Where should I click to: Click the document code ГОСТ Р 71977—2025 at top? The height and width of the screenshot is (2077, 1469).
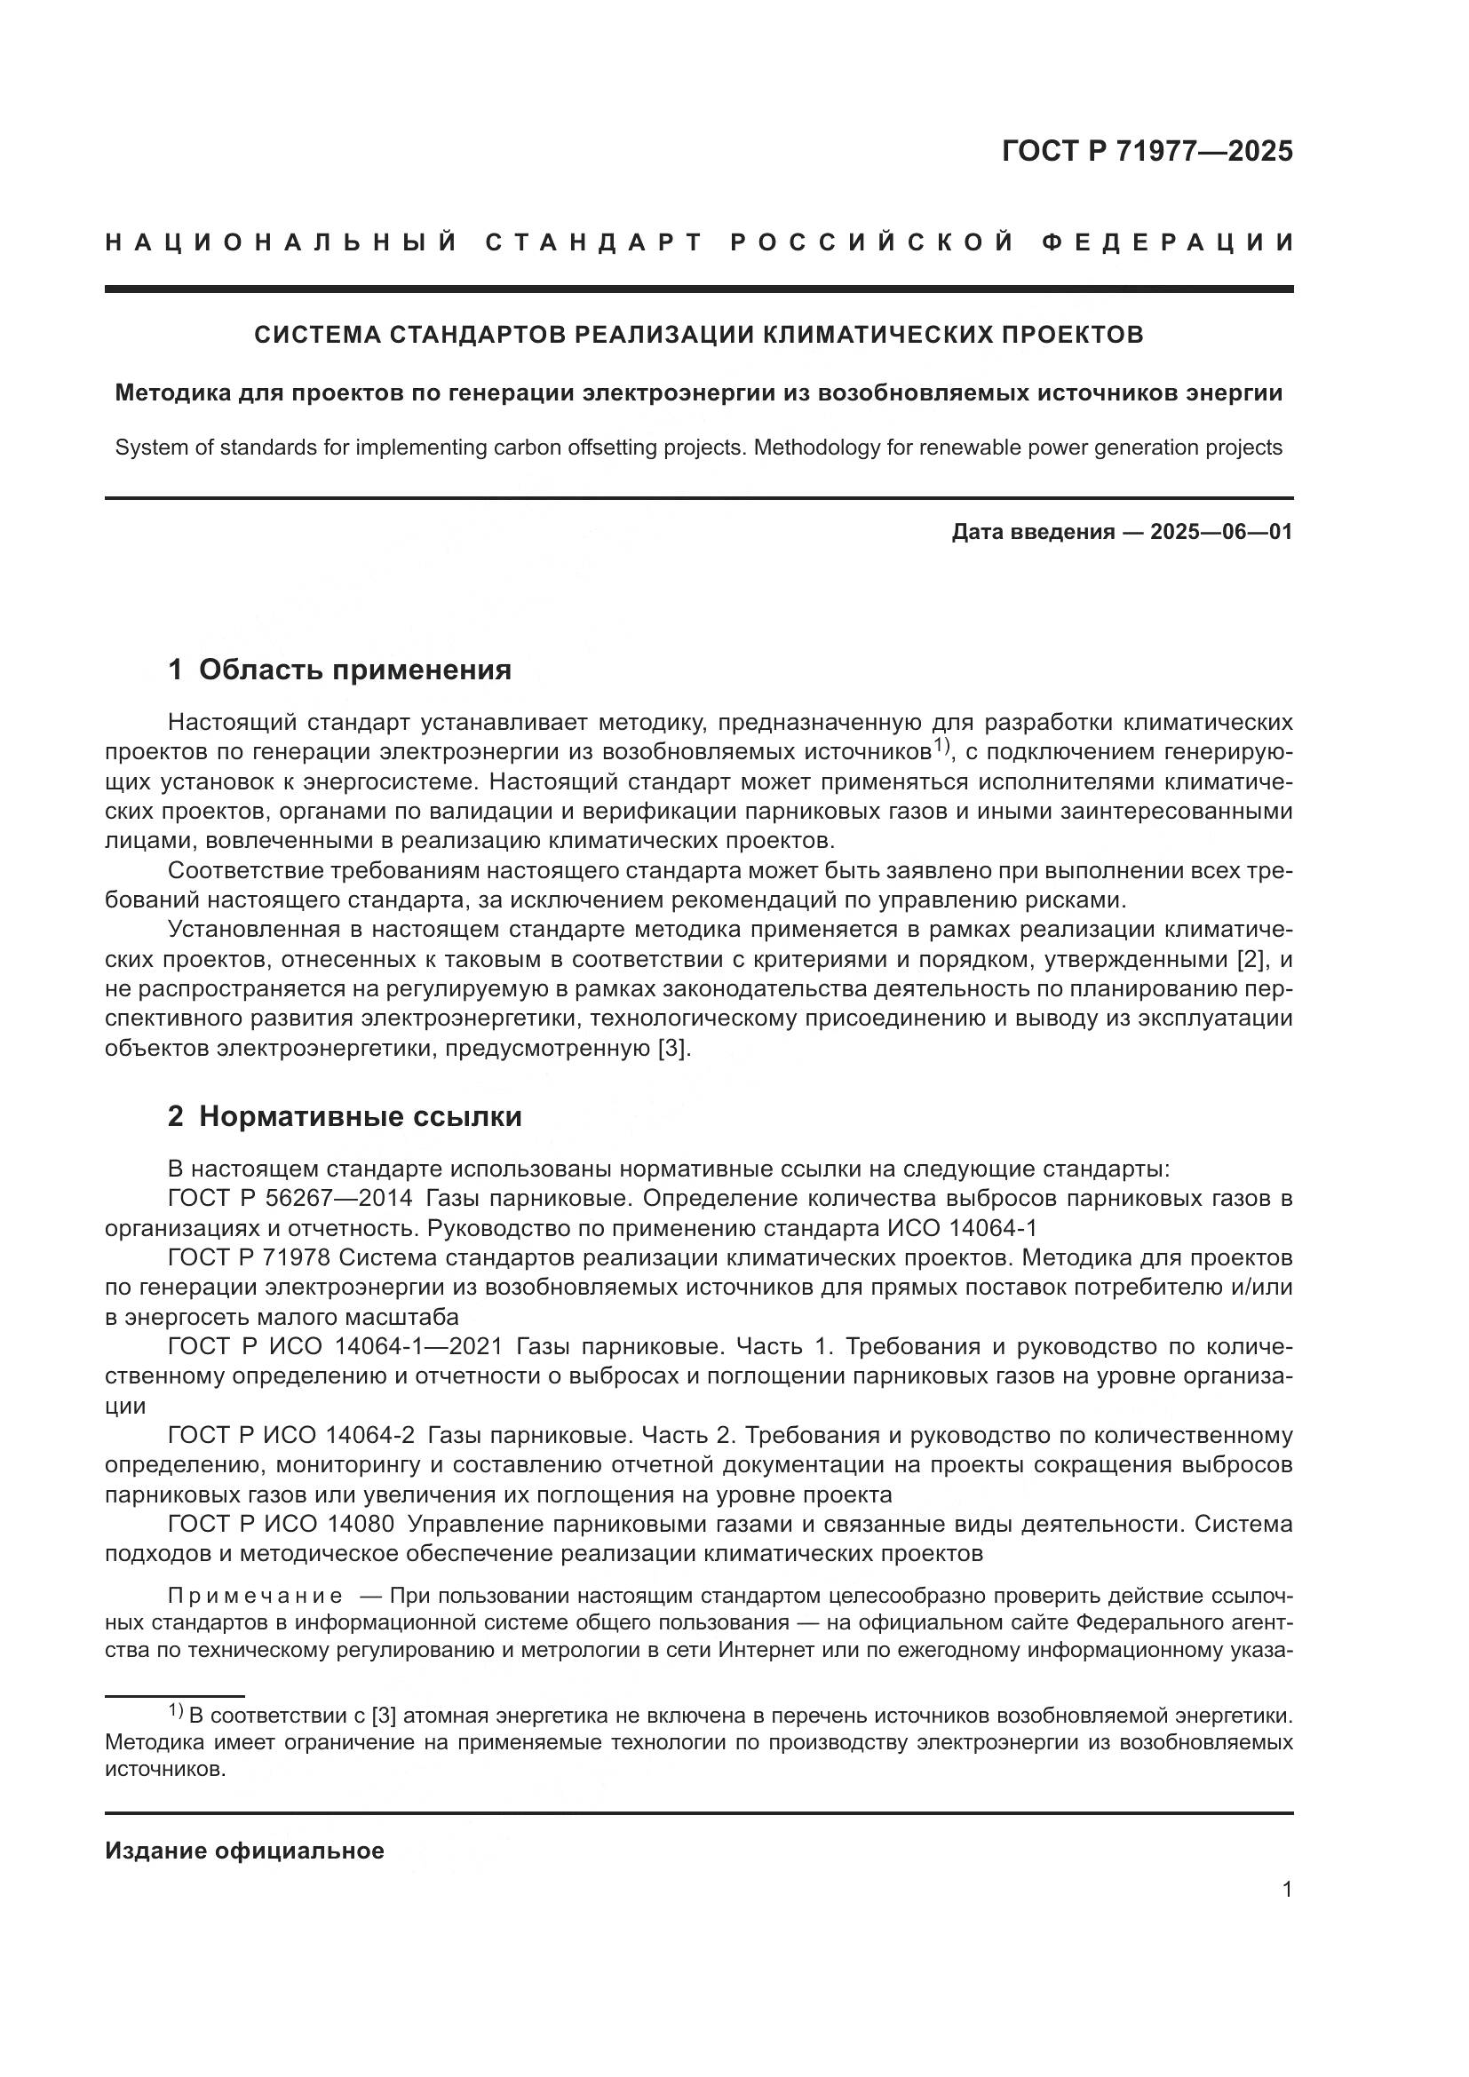point(1146,151)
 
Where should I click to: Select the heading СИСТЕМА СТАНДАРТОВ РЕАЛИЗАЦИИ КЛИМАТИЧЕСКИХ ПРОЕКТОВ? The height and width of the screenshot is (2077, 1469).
point(698,335)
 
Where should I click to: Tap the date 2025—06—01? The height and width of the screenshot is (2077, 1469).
point(1220,532)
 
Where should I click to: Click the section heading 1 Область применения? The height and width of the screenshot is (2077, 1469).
point(339,670)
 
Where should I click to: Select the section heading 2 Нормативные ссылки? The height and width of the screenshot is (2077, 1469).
point(345,1117)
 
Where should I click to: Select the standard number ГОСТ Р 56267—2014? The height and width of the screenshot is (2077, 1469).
point(290,1199)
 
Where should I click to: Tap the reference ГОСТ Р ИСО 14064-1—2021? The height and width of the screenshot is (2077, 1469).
point(335,1347)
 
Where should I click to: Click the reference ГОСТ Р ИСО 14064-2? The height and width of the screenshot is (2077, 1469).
point(291,1436)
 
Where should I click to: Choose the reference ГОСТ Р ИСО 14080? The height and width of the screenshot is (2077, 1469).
point(281,1525)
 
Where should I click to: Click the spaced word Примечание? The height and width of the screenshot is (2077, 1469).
point(255,1596)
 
